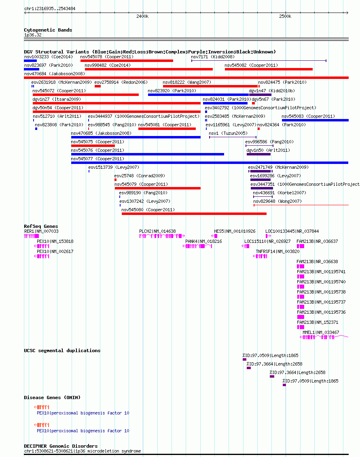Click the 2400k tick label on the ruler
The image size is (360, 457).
click(x=142, y=16)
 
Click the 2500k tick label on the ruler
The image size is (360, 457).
click(x=285, y=16)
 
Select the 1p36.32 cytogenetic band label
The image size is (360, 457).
click(x=33, y=35)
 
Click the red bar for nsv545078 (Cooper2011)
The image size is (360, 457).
click(x=127, y=61)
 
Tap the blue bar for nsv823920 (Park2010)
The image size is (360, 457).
click(x=198, y=95)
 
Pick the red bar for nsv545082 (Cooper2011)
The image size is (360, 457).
click(x=269, y=69)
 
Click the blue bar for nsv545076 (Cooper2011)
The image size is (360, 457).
click(x=147, y=154)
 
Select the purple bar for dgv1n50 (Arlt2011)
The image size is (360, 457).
click(x=258, y=154)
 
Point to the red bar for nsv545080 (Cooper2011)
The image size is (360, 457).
click(x=194, y=214)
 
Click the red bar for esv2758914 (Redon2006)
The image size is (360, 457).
click(x=97, y=86)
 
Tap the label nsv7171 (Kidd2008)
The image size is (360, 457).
click(x=213, y=57)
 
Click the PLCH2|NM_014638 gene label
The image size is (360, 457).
click(x=157, y=231)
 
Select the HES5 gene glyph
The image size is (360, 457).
click(x=214, y=236)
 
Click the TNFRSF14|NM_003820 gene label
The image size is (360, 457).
click(x=277, y=251)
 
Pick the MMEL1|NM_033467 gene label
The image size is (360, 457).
click(x=321, y=332)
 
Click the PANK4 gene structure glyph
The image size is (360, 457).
click(x=197, y=246)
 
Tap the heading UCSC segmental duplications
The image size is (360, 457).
click(x=62, y=351)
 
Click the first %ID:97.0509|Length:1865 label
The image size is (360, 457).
click(x=270, y=355)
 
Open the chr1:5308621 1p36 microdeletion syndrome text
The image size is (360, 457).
click(x=83, y=451)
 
